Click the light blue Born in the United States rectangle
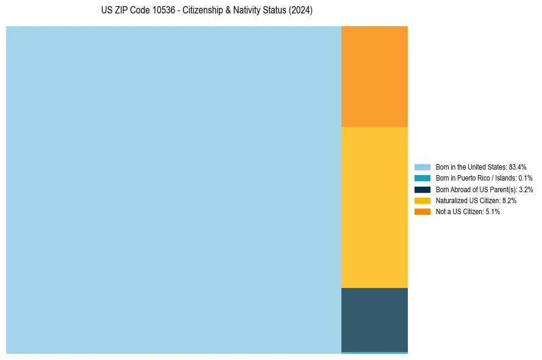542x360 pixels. (173, 190)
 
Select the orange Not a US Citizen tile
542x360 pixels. (374, 76)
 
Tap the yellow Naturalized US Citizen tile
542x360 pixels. (374, 207)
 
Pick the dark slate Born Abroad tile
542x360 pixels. (374, 319)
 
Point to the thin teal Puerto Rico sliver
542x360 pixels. (374, 353)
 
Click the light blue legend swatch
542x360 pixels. (423, 167)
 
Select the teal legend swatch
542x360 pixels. (423, 178)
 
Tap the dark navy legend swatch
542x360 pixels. (423, 189)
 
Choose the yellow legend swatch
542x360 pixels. (423, 200)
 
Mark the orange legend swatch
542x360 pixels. (423, 211)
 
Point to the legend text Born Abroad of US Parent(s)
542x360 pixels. (484, 189)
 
